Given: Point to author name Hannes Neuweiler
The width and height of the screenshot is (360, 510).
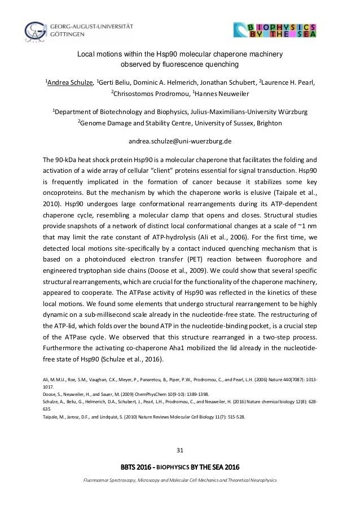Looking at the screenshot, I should click(x=221, y=94).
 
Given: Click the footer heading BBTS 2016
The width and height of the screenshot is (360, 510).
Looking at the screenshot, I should click(x=138, y=467).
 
